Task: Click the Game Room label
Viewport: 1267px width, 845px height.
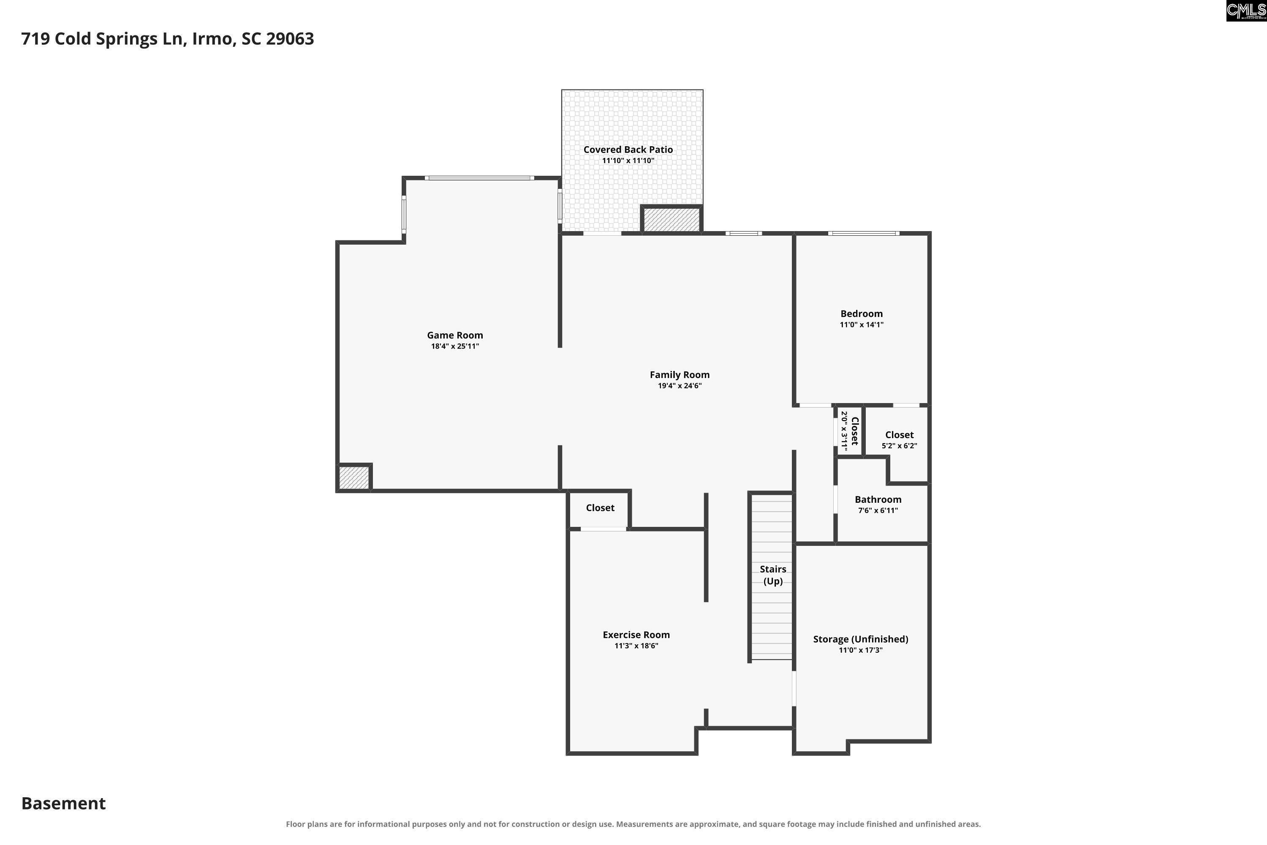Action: click(455, 335)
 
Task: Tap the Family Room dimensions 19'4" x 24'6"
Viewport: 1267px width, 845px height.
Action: click(679, 386)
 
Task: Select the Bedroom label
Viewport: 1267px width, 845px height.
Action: click(862, 313)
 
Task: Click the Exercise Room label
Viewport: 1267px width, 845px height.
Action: click(636, 635)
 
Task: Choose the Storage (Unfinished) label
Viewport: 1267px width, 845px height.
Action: click(860, 639)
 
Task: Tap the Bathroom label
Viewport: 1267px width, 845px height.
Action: click(878, 499)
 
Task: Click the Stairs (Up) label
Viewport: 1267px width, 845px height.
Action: click(773, 575)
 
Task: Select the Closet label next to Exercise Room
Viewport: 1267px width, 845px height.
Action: click(600, 508)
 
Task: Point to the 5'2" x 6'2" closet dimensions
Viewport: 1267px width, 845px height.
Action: click(899, 446)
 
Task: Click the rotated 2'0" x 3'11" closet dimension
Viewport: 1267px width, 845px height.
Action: click(844, 431)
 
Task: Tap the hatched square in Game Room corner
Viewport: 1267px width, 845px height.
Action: click(354, 477)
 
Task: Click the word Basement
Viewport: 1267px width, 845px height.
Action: click(64, 804)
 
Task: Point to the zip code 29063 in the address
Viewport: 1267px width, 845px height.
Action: click(290, 39)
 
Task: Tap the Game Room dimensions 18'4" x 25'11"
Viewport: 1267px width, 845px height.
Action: click(455, 346)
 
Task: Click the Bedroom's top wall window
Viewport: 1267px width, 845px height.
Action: click(864, 233)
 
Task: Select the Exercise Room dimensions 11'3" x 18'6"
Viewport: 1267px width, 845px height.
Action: click(636, 646)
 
